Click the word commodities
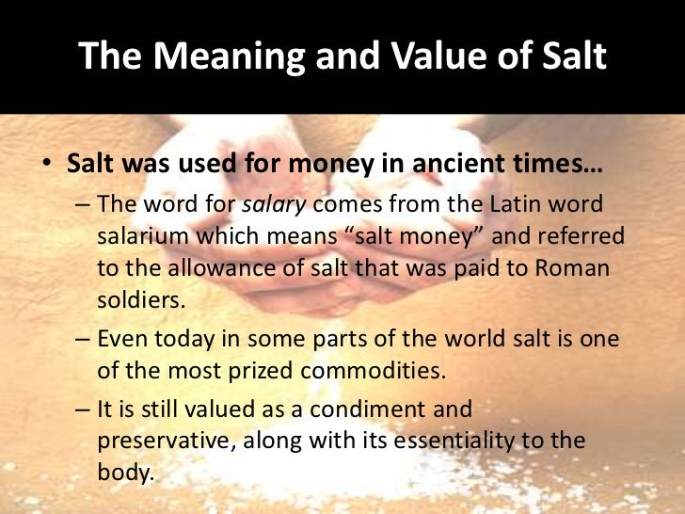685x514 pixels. click(361, 370)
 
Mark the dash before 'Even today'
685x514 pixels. click(81, 339)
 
